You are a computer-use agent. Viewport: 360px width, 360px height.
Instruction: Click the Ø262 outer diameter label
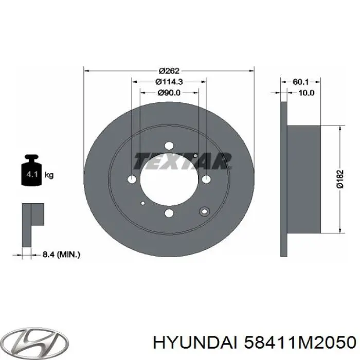[x=169, y=71]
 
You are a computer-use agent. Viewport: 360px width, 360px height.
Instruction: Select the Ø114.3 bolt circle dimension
[x=169, y=81]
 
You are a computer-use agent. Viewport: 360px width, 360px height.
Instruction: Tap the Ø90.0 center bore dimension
[x=169, y=93]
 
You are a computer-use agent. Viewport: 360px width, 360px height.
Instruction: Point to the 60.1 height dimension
[x=300, y=82]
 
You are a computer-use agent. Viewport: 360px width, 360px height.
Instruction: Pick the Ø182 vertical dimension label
[x=340, y=179]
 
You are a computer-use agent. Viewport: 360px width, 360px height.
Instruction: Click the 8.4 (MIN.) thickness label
[x=62, y=255]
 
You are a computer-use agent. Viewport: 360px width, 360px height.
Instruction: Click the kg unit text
[x=49, y=175]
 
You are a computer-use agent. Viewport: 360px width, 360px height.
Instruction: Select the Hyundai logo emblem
[x=36, y=343]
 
